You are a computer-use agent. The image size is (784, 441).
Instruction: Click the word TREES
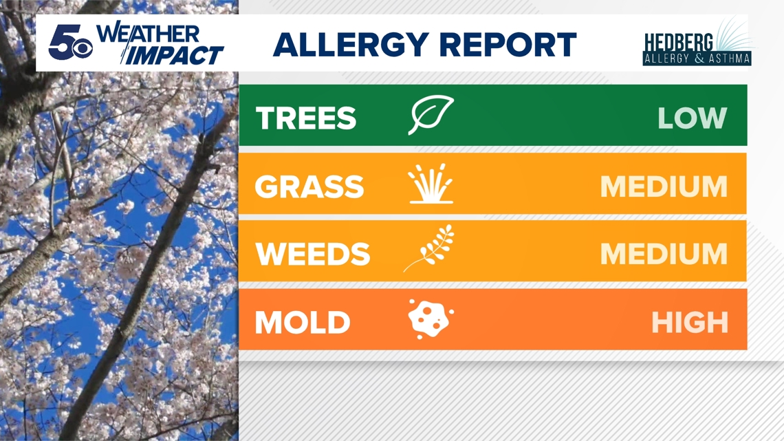click(x=306, y=118)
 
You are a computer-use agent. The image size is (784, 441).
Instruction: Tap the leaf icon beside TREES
click(x=431, y=114)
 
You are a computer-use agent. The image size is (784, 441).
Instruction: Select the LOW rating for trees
click(x=692, y=118)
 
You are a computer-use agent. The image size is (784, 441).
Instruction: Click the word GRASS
click(x=309, y=186)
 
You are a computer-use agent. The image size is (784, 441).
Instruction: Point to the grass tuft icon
click(x=431, y=183)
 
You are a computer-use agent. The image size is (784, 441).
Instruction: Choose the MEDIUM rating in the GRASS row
click(x=664, y=186)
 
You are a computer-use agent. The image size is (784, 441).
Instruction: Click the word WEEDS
click(x=313, y=254)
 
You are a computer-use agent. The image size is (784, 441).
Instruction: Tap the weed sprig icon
click(x=429, y=248)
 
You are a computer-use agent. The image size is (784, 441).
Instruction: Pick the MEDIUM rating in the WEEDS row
click(x=664, y=254)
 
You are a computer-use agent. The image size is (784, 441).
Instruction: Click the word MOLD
click(x=303, y=323)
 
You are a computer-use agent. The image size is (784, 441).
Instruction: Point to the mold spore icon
click(x=431, y=319)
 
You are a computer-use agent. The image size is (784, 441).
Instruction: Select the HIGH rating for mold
click(x=690, y=323)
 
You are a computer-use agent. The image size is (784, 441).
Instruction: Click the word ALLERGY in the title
click(x=351, y=45)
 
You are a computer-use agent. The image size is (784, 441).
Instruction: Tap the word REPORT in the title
click(x=508, y=45)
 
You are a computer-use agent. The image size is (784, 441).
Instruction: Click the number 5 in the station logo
click(x=61, y=41)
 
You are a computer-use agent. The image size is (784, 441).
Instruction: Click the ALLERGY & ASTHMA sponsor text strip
click(x=697, y=58)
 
